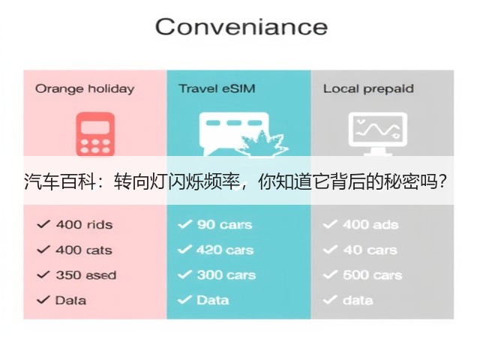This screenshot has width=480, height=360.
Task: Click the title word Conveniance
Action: point(241,27)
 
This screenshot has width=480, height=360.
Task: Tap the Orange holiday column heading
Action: point(85,89)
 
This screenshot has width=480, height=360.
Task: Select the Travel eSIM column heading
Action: point(217,88)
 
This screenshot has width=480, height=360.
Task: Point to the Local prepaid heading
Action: point(368,89)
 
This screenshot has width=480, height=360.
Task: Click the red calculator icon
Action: point(95,134)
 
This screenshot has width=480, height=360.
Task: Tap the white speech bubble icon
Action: point(234,134)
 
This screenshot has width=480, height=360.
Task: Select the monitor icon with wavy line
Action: point(378,133)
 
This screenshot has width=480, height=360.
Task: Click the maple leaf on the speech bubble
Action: point(263,144)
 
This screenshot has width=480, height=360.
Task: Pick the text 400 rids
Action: point(84,225)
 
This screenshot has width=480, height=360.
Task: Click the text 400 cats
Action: point(84,250)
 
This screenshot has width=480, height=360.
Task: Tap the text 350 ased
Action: point(86,275)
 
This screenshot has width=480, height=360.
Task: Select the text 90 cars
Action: point(225,225)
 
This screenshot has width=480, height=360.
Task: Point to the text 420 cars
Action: point(225,250)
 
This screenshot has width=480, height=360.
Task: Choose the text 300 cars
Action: point(226,275)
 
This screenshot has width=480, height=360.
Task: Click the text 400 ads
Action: point(370,225)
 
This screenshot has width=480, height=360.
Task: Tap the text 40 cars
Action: point(370,250)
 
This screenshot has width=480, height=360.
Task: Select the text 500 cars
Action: point(372,275)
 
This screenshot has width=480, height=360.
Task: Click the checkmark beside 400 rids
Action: point(43,224)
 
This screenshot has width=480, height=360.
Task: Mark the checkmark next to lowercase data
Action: point(330,300)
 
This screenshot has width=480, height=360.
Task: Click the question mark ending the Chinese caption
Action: point(442,181)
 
